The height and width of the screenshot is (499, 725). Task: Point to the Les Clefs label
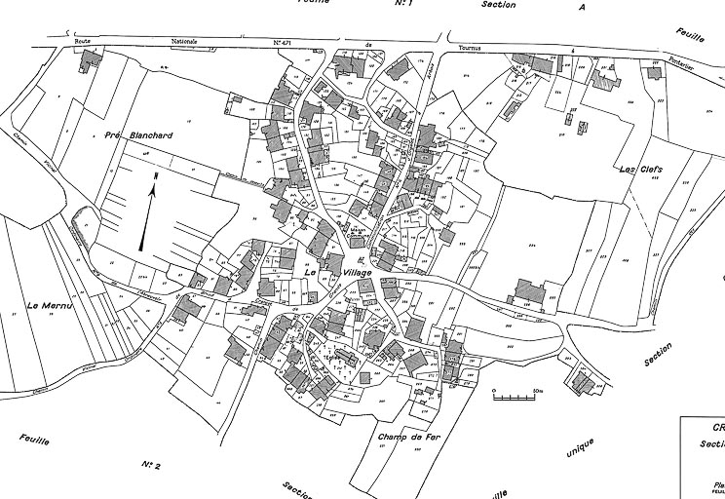coord(640,170)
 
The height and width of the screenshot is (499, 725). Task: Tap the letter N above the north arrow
coord(155,175)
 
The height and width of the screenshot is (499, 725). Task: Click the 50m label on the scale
coord(537,389)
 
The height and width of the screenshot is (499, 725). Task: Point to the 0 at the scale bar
coord(494,389)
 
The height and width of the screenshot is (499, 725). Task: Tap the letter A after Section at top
coord(582,6)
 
